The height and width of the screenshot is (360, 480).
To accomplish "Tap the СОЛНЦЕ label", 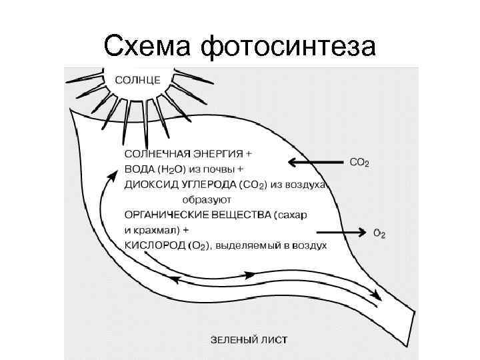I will (x=137, y=79).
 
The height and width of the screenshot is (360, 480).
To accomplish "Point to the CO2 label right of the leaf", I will (x=359, y=162).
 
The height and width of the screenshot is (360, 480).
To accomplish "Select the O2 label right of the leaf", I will (x=379, y=233).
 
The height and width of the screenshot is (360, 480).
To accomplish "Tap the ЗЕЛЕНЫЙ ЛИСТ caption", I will (x=249, y=339).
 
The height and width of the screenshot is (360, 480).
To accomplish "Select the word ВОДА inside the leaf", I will (x=139, y=168).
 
